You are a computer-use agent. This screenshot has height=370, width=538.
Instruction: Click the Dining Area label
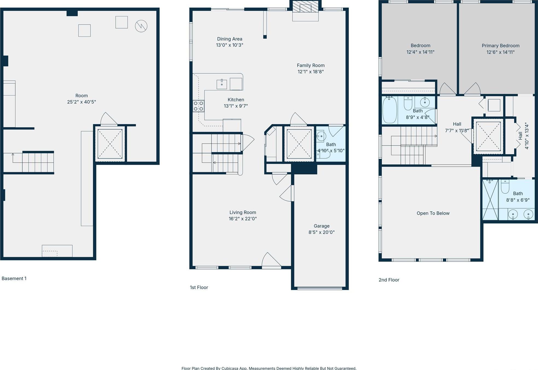coord(229,39)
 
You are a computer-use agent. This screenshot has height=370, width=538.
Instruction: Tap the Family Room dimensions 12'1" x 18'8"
coord(311,72)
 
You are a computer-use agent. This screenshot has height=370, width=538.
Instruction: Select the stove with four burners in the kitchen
coord(198,106)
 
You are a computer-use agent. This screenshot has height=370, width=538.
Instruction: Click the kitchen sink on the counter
coord(221,84)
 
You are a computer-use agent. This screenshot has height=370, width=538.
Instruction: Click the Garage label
coord(321,226)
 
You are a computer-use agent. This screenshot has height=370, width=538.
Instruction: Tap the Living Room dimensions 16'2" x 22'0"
coord(242,219)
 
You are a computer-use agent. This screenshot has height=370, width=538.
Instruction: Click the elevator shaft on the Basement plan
coord(110,144)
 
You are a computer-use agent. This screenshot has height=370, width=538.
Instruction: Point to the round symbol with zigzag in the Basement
coord(141,26)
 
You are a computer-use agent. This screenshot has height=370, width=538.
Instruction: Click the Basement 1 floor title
coord(14,278)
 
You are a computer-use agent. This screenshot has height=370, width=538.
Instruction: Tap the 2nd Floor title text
coord(389,280)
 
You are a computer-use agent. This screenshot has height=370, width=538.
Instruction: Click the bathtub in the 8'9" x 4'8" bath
coord(389,110)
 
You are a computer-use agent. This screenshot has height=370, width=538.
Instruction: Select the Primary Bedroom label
coord(500,46)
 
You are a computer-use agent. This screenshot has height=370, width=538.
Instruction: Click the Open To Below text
coord(433,213)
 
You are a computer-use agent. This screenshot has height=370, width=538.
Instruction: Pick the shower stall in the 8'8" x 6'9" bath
coord(490,200)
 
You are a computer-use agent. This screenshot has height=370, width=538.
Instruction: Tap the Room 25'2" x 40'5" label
coord(81,99)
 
